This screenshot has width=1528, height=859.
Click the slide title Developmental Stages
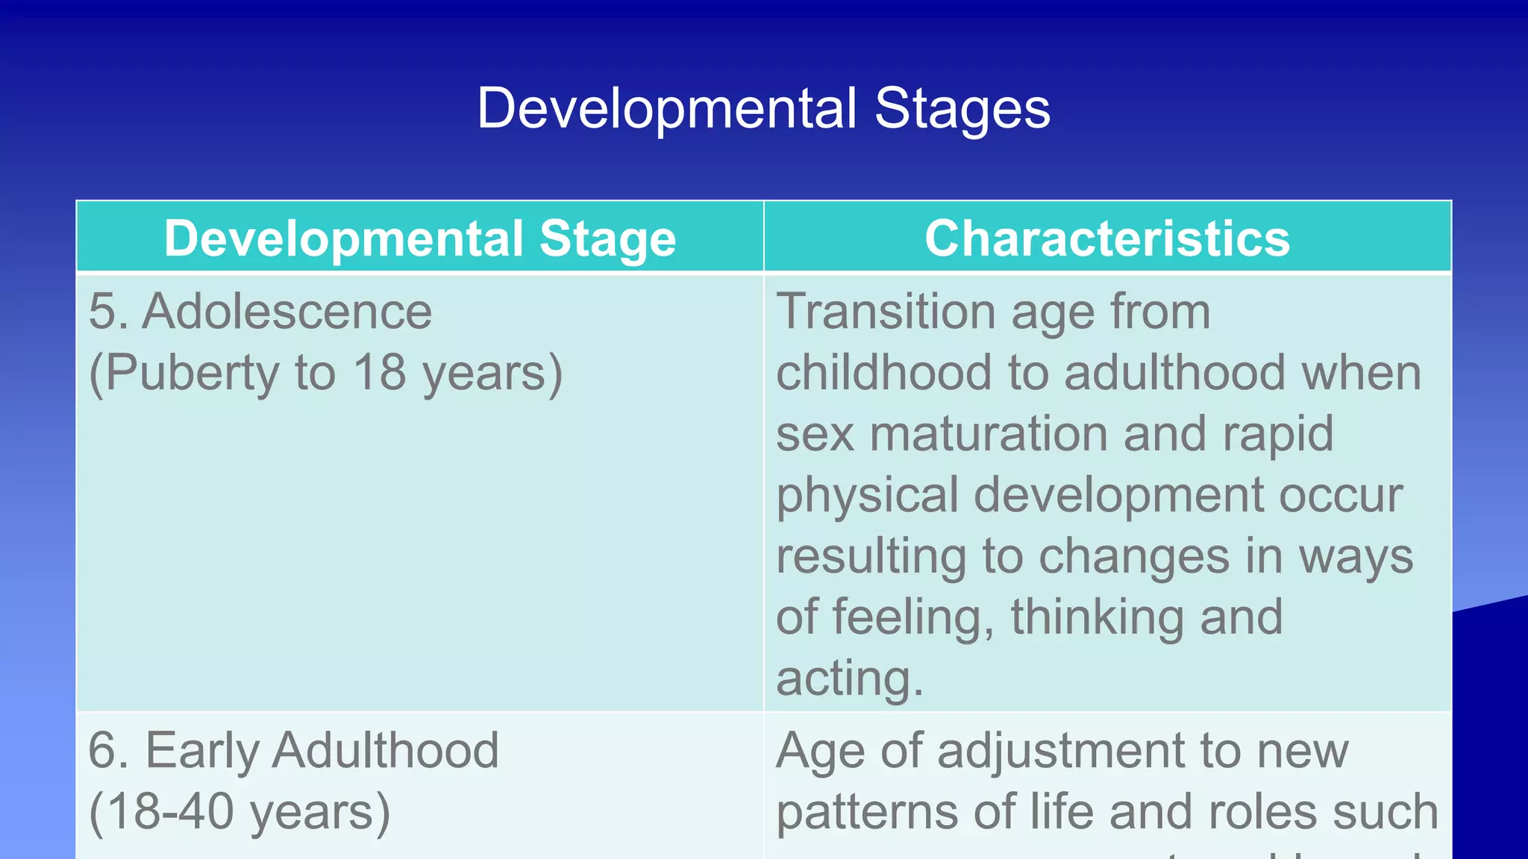pyautogui.click(x=763, y=109)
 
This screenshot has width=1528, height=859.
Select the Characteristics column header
pyautogui.click(x=1107, y=239)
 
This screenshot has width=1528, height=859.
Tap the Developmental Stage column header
pyautogui.click(x=420, y=239)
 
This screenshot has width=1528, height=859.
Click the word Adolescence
pyautogui.click(x=287, y=311)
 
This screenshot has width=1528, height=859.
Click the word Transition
pyautogui.click(x=886, y=311)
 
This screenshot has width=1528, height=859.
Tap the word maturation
pyautogui.click(x=989, y=433)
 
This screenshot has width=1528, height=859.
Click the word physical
pyautogui.click(x=867, y=496)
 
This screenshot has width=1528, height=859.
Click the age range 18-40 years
pyautogui.click(x=239, y=812)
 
